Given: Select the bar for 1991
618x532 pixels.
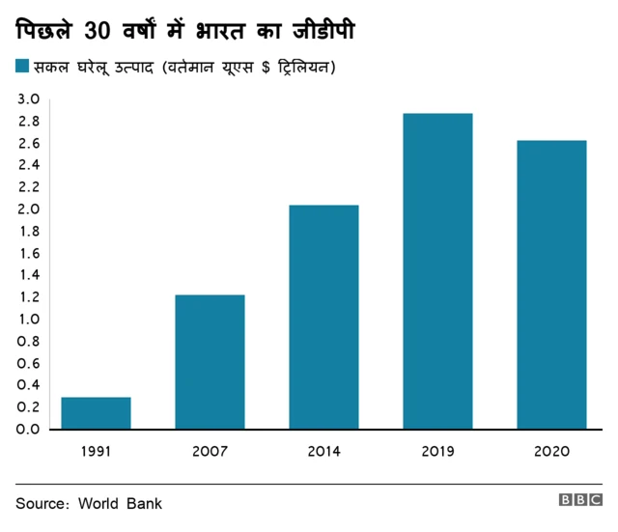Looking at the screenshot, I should [x=96, y=412].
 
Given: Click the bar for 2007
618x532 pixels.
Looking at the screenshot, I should [x=210, y=361].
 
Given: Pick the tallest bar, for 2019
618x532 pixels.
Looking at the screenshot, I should [x=437, y=271].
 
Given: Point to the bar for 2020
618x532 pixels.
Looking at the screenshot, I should [x=551, y=285].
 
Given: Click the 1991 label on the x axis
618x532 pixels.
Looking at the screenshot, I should [x=96, y=451].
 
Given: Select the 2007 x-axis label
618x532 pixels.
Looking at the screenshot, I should [x=210, y=451].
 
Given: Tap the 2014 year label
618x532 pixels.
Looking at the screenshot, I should [x=323, y=451].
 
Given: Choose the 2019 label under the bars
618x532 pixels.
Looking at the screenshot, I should [x=437, y=451].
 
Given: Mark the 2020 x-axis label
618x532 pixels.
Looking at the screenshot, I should [x=551, y=451].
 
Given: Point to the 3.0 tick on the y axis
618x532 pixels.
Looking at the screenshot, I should [x=28, y=99].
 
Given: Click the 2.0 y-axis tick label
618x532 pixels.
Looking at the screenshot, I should [x=28, y=210].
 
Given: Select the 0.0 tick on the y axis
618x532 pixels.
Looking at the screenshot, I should [x=28, y=429].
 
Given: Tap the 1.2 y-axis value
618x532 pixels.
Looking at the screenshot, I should [x=28, y=297].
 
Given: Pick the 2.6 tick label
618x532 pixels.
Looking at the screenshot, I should [x=28, y=144].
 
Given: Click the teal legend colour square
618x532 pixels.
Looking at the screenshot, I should [x=22, y=67].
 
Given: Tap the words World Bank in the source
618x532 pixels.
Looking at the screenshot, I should [x=120, y=503].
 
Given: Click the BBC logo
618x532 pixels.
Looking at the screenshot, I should [x=580, y=502].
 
